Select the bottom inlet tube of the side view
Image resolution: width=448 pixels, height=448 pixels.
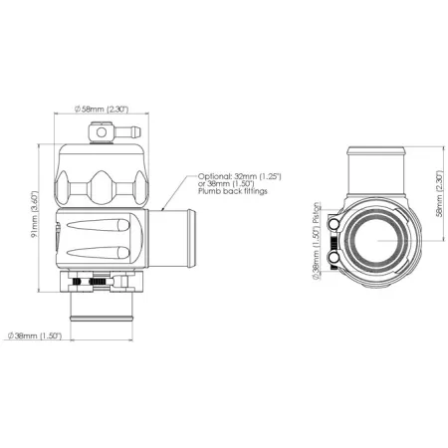click(x=104, y=315)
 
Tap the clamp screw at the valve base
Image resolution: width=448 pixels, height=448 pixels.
click(x=99, y=284)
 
